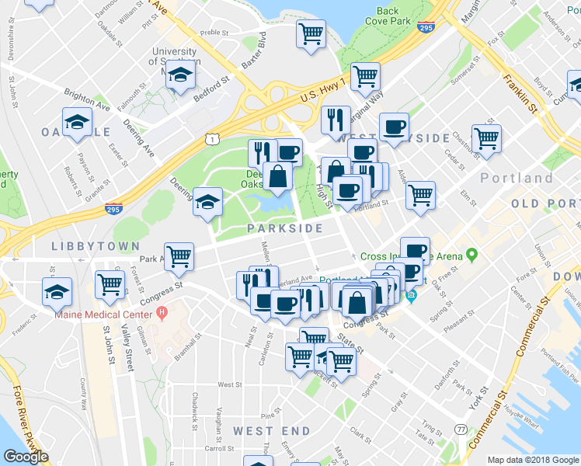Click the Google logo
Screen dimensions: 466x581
tap(26, 457)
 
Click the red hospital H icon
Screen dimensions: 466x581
tap(162, 314)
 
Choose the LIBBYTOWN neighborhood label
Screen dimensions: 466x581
tap(85, 245)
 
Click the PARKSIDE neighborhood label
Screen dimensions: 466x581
tap(285, 228)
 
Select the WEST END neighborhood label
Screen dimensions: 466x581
tap(263, 430)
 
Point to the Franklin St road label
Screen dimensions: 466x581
tap(520, 92)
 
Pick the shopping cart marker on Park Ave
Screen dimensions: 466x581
tap(179, 256)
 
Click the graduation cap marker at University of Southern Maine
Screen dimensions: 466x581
tap(181, 75)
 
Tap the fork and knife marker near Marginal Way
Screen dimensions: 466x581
tap(336, 118)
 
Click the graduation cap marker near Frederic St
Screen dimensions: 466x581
tap(57, 292)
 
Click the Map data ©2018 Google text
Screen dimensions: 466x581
tap(532, 460)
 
